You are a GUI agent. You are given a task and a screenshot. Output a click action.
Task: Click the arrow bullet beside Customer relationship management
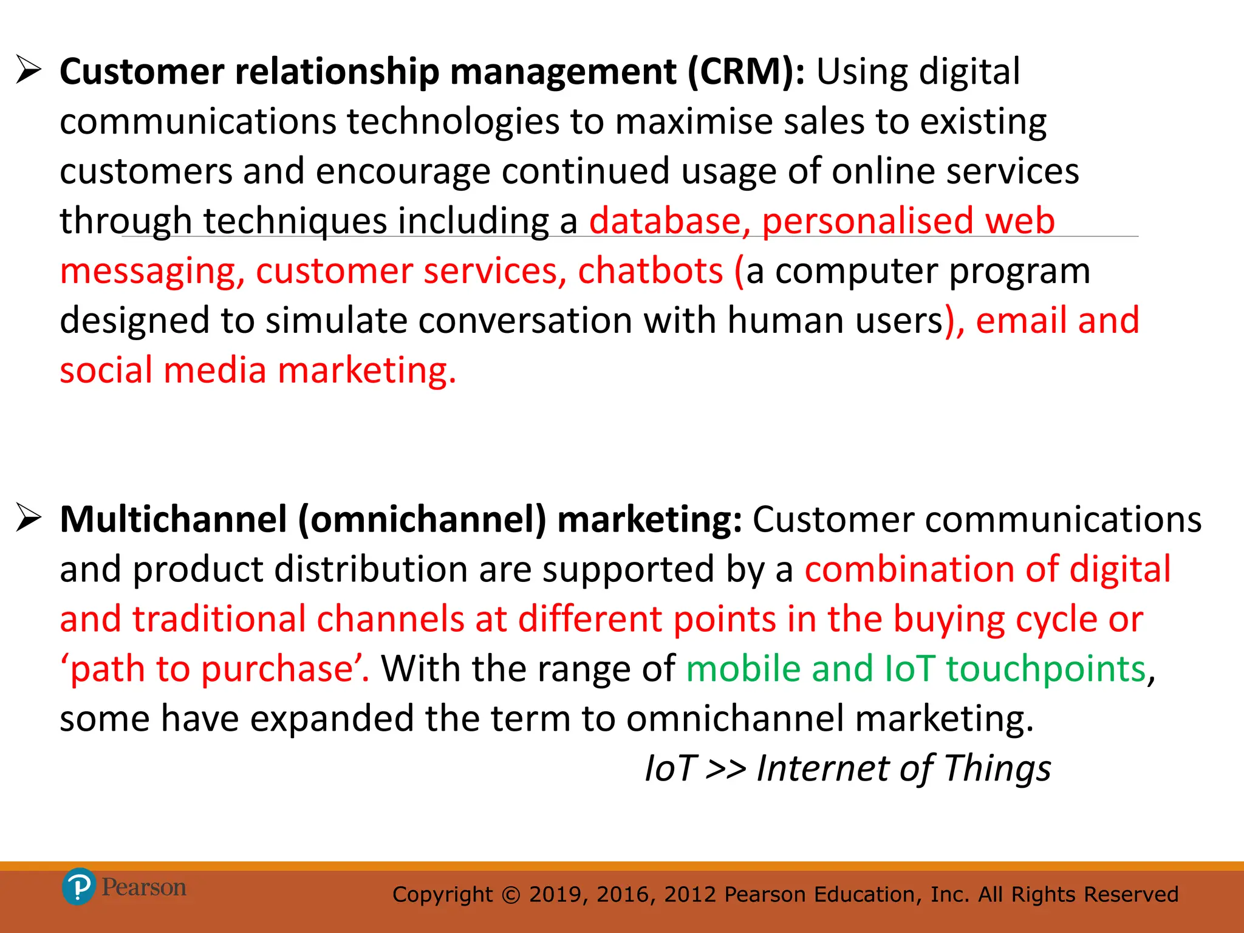click(29, 70)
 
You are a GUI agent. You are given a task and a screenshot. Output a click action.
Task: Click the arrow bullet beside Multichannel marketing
click(29, 518)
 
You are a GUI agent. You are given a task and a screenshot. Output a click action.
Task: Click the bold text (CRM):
click(746, 72)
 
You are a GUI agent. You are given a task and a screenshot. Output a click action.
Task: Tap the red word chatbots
click(650, 271)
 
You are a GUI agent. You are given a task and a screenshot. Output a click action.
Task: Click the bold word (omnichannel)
click(422, 521)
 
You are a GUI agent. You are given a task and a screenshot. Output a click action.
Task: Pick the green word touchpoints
click(1045, 669)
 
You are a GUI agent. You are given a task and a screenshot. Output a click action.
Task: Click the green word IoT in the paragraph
click(909, 669)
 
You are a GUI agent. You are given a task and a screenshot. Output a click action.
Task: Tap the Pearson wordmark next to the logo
click(144, 887)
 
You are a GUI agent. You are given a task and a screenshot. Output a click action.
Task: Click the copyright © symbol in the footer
click(511, 895)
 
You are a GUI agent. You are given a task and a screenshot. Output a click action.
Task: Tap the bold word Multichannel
click(173, 521)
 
